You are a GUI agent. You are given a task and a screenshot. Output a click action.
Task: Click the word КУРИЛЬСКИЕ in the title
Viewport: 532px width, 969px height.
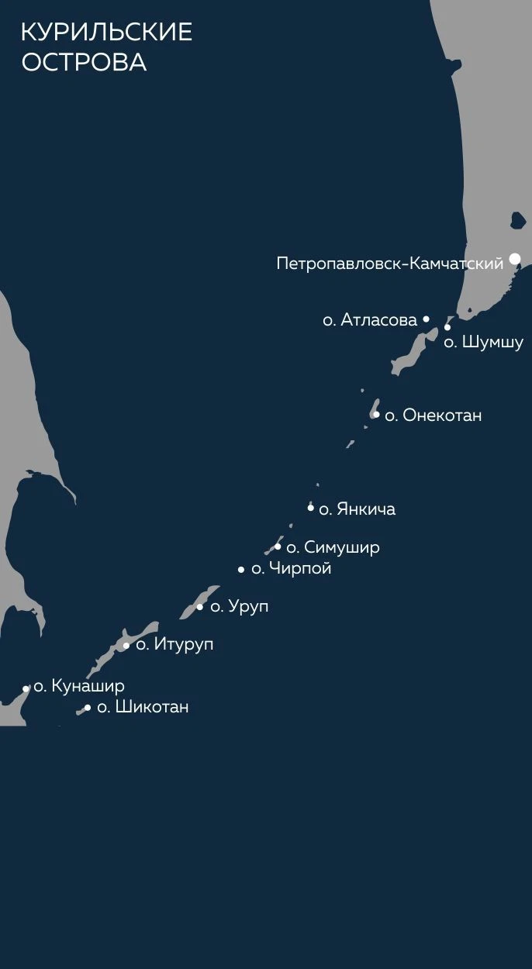click(x=106, y=33)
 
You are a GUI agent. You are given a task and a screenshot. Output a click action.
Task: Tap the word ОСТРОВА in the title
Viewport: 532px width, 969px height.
click(x=84, y=63)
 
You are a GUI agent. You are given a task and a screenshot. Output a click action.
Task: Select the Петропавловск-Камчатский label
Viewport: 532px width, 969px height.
click(x=390, y=264)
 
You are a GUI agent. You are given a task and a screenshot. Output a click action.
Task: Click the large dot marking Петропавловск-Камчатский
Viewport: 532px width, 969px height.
click(x=515, y=259)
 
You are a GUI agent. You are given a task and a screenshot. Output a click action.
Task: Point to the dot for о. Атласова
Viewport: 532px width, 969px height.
click(x=426, y=319)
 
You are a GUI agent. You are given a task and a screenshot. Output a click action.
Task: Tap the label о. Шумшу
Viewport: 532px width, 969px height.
click(x=483, y=343)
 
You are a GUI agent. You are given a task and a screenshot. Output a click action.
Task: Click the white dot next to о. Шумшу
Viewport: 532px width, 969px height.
click(x=447, y=327)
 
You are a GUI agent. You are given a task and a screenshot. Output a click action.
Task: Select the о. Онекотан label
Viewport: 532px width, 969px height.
click(x=433, y=416)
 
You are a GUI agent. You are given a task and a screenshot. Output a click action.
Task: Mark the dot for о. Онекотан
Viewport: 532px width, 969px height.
click(x=376, y=415)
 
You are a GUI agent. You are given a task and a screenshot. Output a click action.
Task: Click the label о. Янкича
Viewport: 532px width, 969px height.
click(x=357, y=509)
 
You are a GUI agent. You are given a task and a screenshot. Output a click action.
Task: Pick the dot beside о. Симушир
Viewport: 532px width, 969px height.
click(x=278, y=547)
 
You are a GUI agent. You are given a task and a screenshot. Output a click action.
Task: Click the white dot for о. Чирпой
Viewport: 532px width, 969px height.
click(x=241, y=570)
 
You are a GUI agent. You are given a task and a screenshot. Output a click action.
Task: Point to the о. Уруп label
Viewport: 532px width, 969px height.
click(x=240, y=607)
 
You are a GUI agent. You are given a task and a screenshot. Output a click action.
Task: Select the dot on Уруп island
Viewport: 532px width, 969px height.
click(x=200, y=607)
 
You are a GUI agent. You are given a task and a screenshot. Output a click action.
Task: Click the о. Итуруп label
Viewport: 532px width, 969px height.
click(x=174, y=645)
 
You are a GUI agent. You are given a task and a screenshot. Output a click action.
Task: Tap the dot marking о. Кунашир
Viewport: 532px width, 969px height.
click(x=26, y=688)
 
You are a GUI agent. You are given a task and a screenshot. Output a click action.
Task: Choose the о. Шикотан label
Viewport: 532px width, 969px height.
click(x=143, y=707)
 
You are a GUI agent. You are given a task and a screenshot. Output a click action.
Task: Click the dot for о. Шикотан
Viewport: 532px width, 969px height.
click(x=87, y=708)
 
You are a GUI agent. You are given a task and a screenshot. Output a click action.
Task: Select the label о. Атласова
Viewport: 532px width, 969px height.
click(x=370, y=319)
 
